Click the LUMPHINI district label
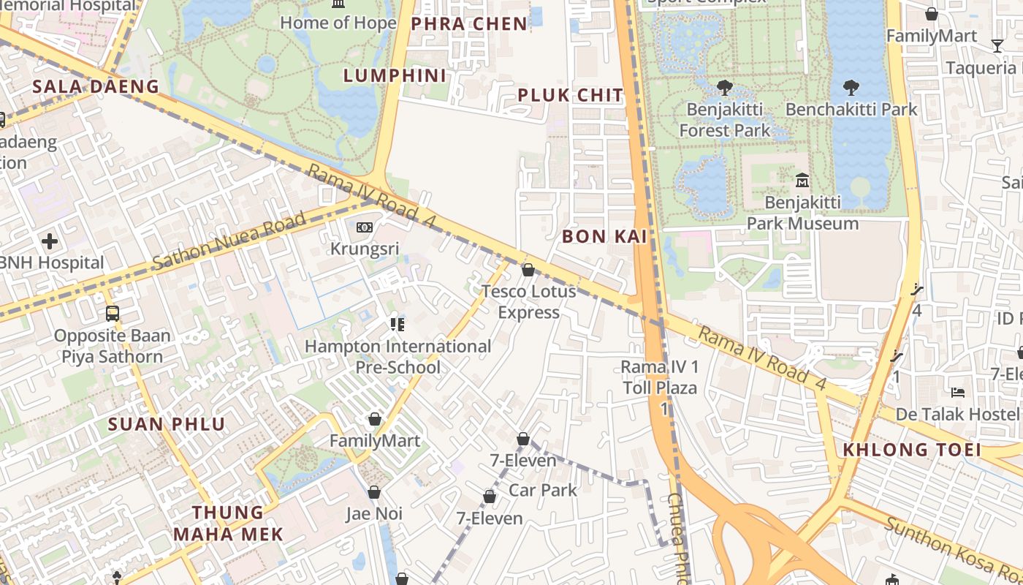(395, 75)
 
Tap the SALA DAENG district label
(96, 86)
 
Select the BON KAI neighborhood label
(605, 236)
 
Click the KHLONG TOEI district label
(912, 450)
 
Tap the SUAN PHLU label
(167, 424)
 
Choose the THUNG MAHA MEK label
(228, 523)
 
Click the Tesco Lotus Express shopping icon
(528, 271)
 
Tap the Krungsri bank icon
(364, 227)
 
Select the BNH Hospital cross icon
(50, 241)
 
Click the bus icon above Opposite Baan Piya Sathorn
(113, 314)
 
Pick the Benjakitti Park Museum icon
(802, 180)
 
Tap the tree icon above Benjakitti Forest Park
(725, 88)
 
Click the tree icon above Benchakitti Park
(851, 88)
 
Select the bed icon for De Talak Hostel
(958, 393)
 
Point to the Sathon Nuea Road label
(229, 242)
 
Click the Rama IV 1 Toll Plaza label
(660, 377)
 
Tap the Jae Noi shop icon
(374, 492)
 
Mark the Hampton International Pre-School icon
(398, 324)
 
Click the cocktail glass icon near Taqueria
(997, 46)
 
